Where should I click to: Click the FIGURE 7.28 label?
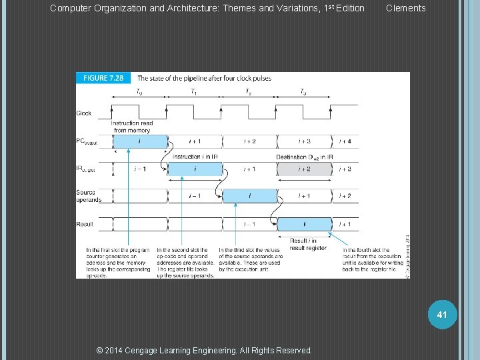(x=103, y=78)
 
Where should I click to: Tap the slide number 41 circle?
(x=441, y=313)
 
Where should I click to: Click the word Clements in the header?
(x=405, y=8)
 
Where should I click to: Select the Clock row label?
(x=84, y=113)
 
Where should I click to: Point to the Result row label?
(x=85, y=224)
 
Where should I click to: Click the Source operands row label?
(x=89, y=196)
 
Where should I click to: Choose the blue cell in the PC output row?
(x=139, y=141)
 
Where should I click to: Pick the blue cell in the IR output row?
(x=195, y=169)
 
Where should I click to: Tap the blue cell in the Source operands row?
(x=249, y=196)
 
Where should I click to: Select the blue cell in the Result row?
(x=304, y=224)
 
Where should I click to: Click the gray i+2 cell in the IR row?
(x=304, y=169)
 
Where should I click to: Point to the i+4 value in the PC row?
(x=345, y=141)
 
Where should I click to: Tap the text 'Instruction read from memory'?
(x=131, y=127)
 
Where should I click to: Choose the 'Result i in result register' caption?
(x=307, y=243)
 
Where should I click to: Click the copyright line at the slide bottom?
(x=204, y=350)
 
